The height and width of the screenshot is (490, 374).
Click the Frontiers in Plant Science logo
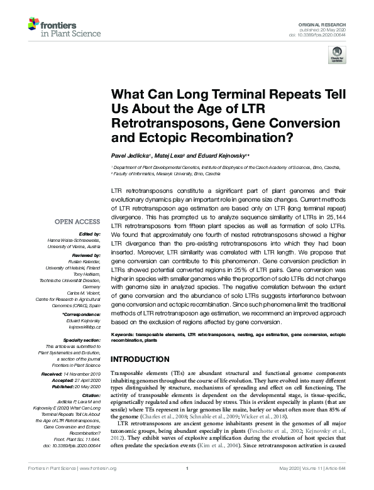pos(56,26)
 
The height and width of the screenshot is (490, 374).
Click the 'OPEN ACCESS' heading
pos(77,221)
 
